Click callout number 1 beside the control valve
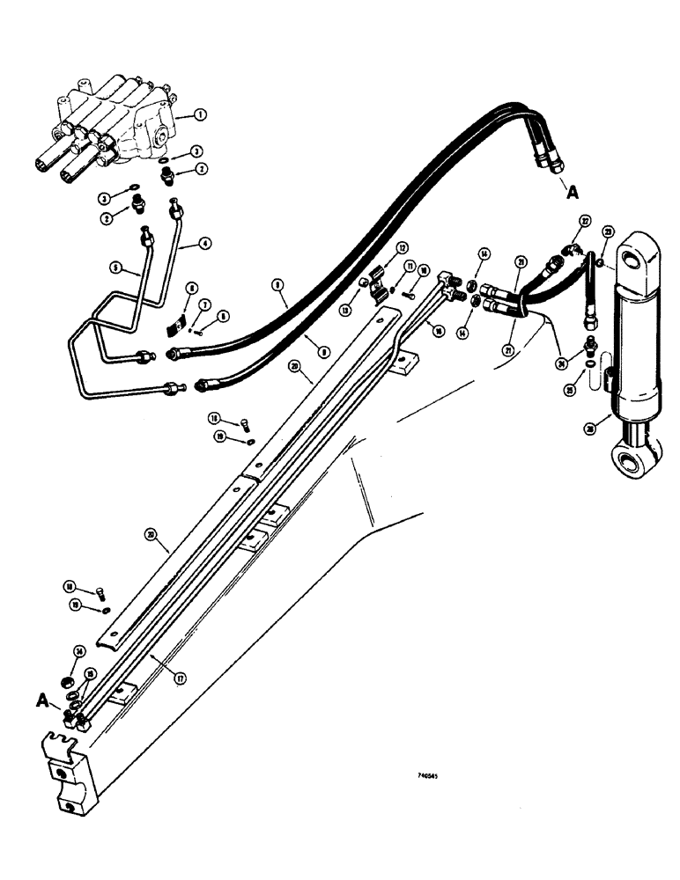tap(201, 115)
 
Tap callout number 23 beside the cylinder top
tap(607, 232)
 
